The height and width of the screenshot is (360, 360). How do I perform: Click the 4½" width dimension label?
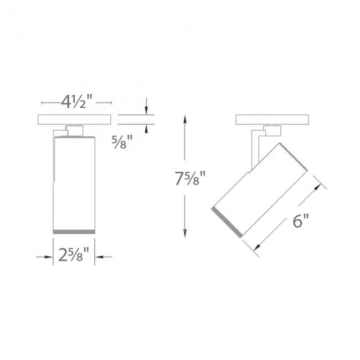(x=76, y=101)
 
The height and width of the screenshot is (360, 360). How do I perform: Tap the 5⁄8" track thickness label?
(x=122, y=142)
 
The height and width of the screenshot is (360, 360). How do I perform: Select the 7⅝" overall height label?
(x=190, y=178)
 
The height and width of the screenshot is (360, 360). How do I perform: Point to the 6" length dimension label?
(x=301, y=221)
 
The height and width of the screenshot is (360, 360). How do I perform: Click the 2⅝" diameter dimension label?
(x=74, y=255)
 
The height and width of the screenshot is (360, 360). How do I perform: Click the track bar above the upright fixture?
(x=74, y=120)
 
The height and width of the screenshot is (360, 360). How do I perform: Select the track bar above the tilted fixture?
(x=272, y=120)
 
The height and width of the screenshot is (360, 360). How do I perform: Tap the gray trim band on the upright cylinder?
(x=74, y=232)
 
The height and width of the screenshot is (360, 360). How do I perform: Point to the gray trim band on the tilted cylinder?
(x=227, y=222)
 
